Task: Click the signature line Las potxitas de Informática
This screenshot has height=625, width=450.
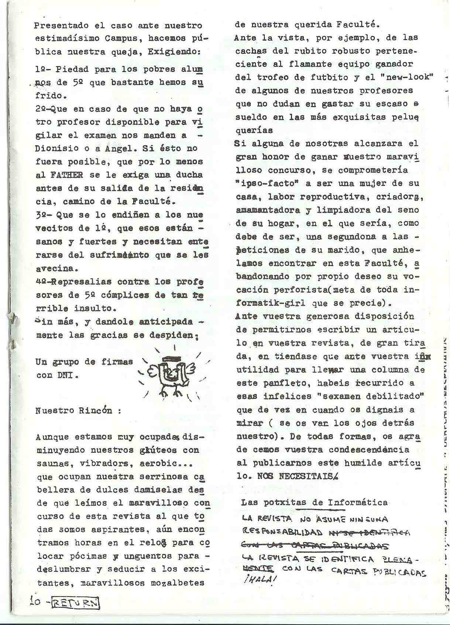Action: [x=314, y=503]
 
